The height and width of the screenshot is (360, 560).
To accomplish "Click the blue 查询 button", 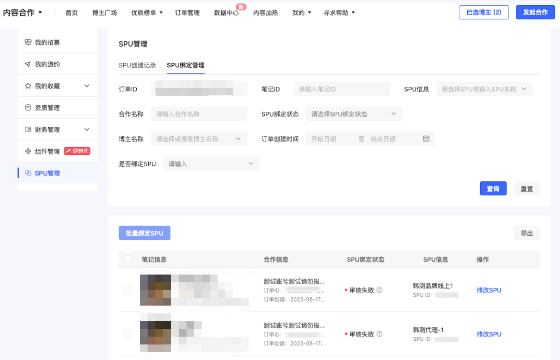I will [493, 189].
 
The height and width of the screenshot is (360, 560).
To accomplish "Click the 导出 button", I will [526, 233].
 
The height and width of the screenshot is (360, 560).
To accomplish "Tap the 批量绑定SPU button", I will [145, 233].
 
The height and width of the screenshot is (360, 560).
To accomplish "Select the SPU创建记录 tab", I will [137, 65].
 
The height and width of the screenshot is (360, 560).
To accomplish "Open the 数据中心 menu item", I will [226, 12].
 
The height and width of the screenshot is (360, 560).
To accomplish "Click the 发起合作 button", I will [535, 12].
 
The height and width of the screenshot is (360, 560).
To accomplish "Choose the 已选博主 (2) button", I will [484, 12].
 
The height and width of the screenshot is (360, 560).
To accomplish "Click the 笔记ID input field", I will [341, 89].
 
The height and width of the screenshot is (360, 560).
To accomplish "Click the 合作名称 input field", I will [199, 114].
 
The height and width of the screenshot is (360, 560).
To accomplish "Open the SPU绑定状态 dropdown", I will [354, 114].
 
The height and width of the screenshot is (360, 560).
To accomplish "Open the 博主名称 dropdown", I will [199, 139].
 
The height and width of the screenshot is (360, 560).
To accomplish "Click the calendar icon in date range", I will [426, 139].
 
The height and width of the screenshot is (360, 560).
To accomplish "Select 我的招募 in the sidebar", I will [47, 42].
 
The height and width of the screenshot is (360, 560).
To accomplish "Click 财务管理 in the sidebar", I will [47, 129].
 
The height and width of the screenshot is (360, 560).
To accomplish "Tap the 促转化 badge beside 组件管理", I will [77, 151].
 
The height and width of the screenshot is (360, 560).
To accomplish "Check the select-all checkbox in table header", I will [128, 259].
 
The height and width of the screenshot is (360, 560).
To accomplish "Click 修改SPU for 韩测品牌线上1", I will [489, 290].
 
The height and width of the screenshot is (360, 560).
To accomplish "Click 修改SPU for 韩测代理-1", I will [489, 334].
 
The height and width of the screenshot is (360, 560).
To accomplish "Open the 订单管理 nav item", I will [187, 12].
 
